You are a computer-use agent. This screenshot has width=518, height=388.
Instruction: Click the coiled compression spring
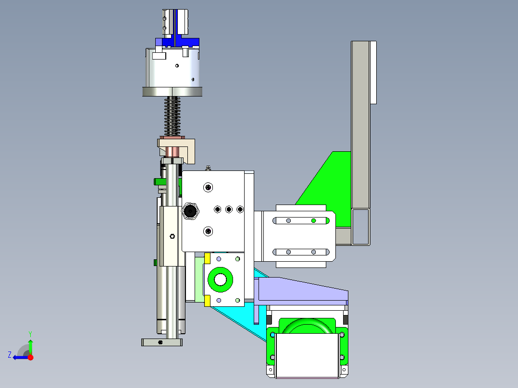[x=173, y=116]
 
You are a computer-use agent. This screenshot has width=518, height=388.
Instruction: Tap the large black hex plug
[x=190, y=211]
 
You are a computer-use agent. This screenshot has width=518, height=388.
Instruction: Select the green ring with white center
[x=221, y=279]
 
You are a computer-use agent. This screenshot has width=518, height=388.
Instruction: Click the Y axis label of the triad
[x=30, y=334]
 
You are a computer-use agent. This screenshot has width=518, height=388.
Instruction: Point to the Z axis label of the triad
[x=10, y=355]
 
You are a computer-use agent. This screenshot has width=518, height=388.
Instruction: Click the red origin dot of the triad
[x=30, y=357]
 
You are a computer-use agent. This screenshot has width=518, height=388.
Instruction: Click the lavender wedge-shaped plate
[x=302, y=289]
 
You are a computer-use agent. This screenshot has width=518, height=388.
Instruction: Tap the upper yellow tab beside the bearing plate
[x=208, y=258]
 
